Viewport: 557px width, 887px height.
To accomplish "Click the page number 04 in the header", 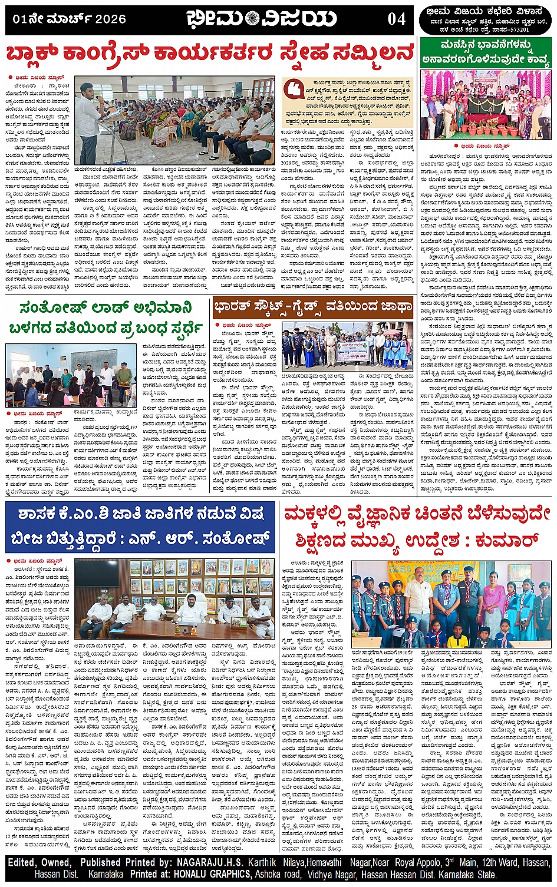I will click(397, 18).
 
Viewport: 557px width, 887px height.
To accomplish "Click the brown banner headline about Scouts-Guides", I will click(313, 307).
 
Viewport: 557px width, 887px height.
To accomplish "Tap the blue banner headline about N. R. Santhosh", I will click(140, 527).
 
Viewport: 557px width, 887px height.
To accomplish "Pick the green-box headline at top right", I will click(486, 52).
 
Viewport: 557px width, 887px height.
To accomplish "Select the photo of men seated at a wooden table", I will click(174, 599).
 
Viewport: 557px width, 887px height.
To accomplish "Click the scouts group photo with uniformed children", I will click(451, 604).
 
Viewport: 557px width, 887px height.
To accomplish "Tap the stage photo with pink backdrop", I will click(486, 104).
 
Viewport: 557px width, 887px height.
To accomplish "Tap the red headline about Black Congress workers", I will click(210, 54).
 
